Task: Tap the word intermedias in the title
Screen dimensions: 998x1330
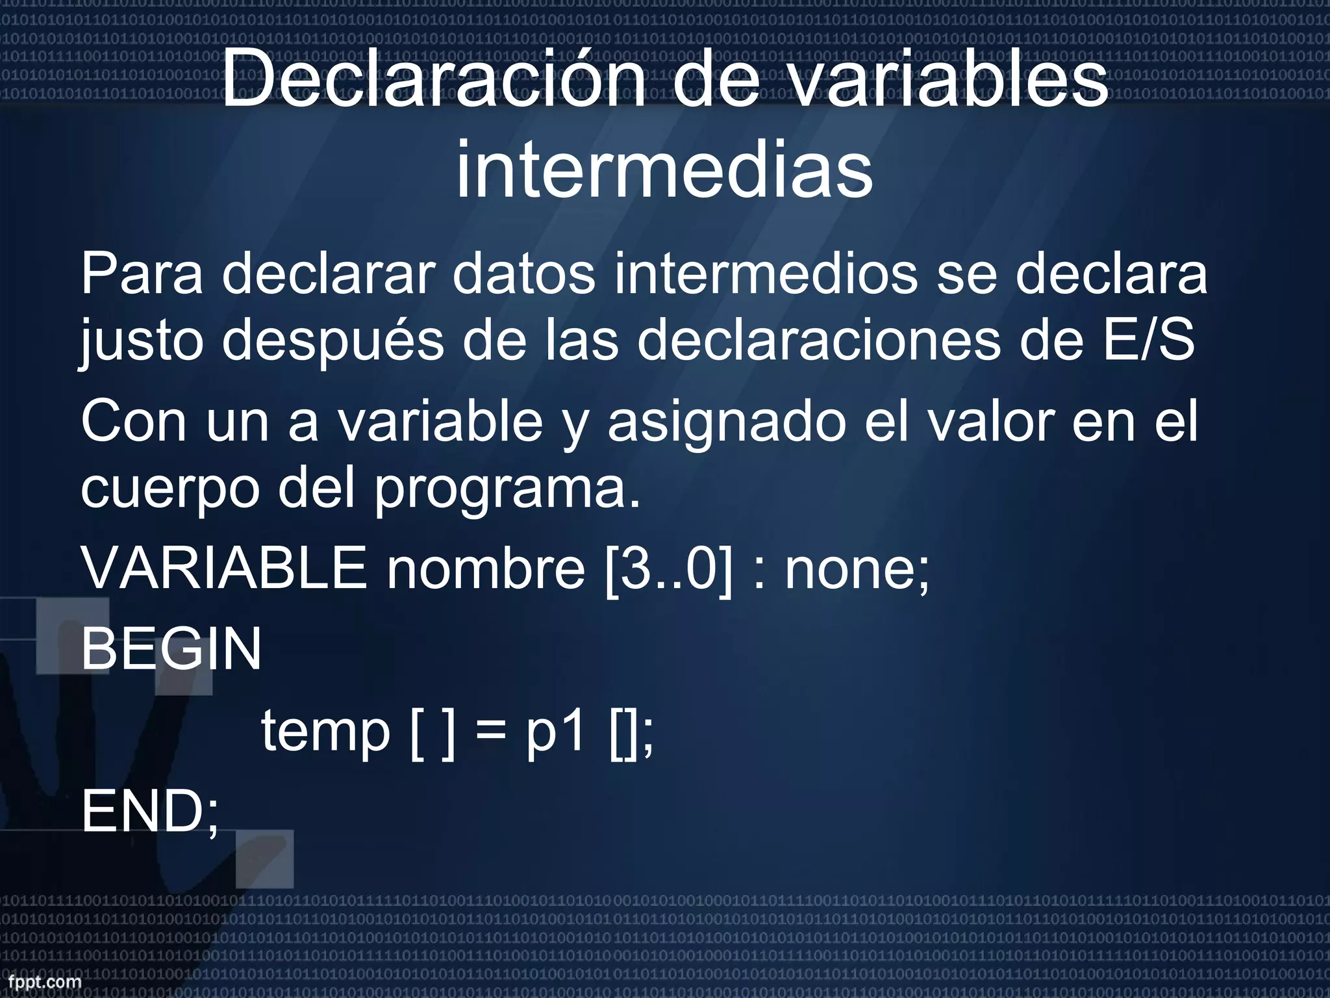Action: pos(664,170)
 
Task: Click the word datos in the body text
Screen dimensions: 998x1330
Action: pos(523,275)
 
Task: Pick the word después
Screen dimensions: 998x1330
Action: pos(333,342)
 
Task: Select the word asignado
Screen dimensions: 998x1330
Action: pos(726,422)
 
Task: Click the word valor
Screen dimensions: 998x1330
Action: pos(991,422)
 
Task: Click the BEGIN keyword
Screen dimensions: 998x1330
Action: pos(171,648)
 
